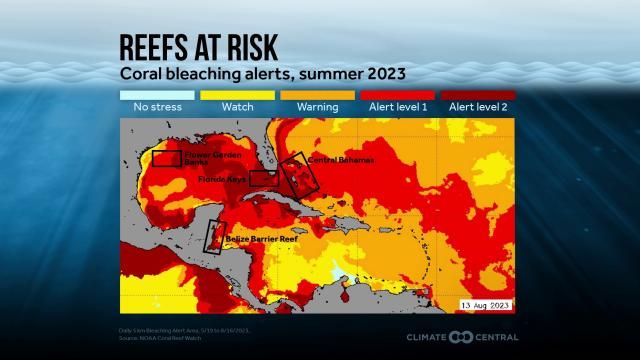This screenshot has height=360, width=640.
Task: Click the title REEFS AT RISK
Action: pyautogui.click(x=199, y=46)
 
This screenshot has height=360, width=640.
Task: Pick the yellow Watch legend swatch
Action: pyautogui.click(x=237, y=95)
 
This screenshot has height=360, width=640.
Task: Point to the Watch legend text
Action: pyautogui.click(x=237, y=107)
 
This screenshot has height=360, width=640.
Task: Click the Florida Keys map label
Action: pyautogui.click(x=222, y=179)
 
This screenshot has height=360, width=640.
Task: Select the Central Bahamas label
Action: pyautogui.click(x=341, y=160)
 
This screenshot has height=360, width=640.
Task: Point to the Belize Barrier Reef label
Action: pyautogui.click(x=262, y=240)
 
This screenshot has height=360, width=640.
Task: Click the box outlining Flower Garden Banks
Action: pyautogui.click(x=167, y=158)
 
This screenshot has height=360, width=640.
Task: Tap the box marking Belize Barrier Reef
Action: pyautogui.click(x=213, y=236)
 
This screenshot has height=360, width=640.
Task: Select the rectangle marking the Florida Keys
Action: pyautogui.click(x=264, y=179)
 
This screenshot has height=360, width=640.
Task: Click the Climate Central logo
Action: pyautogui.click(x=461, y=337)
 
